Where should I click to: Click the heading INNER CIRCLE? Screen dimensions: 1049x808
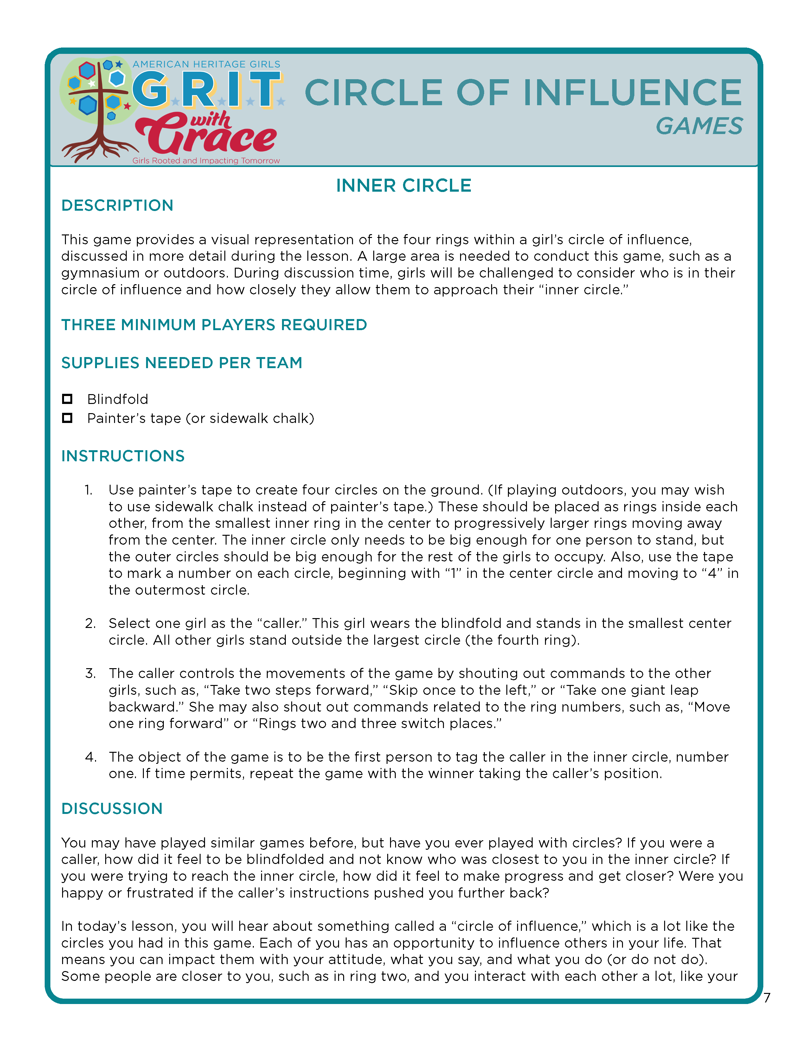click(x=403, y=185)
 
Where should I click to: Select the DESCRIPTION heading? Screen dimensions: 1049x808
click(x=117, y=206)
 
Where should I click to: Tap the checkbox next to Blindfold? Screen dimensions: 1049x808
click(x=67, y=399)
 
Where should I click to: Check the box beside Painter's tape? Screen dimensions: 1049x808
click(x=67, y=418)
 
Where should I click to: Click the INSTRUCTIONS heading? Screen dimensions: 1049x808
click(x=123, y=456)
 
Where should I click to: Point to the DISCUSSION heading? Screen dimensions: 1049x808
click(x=112, y=808)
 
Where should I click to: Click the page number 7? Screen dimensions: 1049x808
click(x=767, y=998)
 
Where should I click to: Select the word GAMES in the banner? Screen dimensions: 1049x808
click(x=699, y=126)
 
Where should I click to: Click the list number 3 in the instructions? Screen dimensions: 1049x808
click(x=90, y=673)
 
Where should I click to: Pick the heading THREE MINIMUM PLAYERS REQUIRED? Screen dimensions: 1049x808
click(x=214, y=325)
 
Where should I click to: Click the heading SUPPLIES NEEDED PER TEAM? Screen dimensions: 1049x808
click(x=182, y=363)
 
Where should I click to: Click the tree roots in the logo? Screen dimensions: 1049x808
click(x=99, y=149)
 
